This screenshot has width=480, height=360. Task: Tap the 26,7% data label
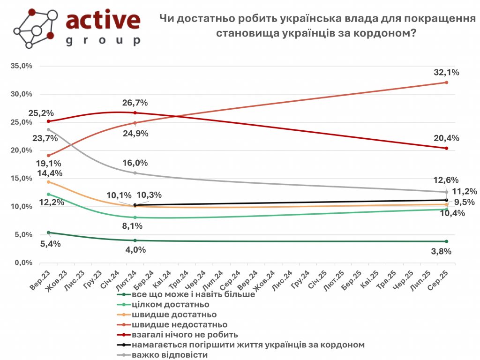tap(135, 103)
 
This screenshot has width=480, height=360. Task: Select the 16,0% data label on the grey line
tap(135, 163)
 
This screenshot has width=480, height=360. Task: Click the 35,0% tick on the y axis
tap(21, 66)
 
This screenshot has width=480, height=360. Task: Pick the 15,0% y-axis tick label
tap(21, 179)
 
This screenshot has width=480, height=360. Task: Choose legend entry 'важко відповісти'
tap(170, 355)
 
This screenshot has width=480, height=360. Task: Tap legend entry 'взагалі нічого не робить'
tap(185, 335)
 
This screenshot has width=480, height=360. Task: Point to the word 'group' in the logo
tap(103, 40)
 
